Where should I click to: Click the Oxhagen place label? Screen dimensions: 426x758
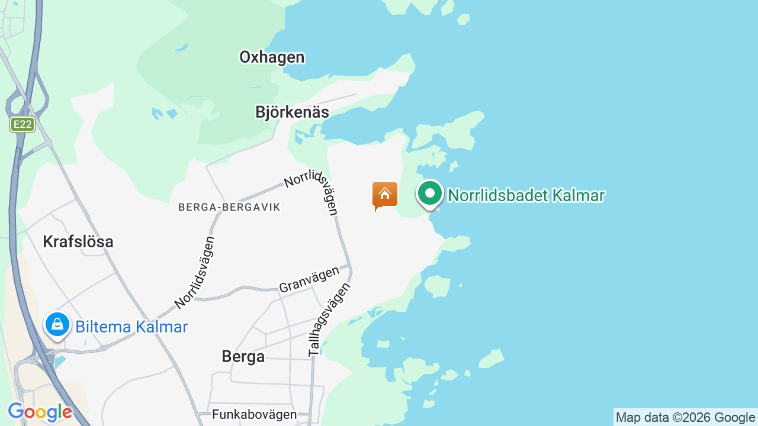pos(272,57)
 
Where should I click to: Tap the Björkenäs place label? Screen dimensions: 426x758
pos(292,112)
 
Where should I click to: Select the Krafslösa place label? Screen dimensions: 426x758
pos(78,241)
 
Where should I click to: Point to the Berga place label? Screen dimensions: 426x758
pos(243,356)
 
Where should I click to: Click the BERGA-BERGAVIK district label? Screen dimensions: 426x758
pos(229,207)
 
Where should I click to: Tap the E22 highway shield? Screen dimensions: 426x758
pos(23,125)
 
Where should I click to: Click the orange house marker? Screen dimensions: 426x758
pos(385,195)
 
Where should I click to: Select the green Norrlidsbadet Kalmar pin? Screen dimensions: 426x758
pos(430,194)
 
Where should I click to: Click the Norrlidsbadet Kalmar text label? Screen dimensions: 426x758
pos(526,195)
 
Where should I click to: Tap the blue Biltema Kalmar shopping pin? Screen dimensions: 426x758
pos(57,324)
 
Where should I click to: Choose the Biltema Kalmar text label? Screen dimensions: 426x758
pos(131,327)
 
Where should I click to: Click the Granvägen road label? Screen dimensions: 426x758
pos(309,279)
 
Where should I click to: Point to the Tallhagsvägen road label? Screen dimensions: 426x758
pos(329,319)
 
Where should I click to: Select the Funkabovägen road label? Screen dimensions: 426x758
pos(254,414)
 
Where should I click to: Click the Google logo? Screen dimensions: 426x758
pos(40,412)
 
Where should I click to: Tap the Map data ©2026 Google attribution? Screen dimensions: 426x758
pos(685,418)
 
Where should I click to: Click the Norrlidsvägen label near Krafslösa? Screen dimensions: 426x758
pos(195,273)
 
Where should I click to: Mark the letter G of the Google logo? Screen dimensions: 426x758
pos(16,411)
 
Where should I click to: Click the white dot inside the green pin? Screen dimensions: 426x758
pos(430,193)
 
